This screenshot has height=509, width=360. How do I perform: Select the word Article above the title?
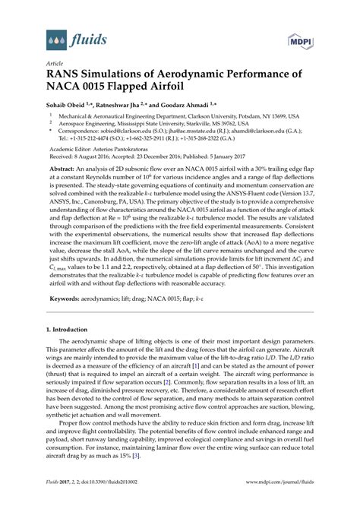click(55, 64)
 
